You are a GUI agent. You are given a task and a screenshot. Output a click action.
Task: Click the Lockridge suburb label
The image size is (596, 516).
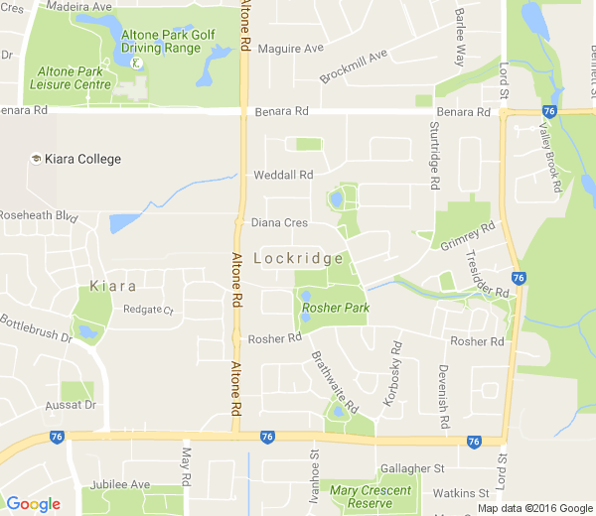point(298,258)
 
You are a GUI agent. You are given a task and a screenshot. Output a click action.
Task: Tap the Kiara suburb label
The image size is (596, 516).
point(112,287)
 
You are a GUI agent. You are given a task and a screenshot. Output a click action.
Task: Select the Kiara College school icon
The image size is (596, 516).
point(37,159)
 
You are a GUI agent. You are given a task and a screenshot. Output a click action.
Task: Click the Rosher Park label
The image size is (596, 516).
point(336,309)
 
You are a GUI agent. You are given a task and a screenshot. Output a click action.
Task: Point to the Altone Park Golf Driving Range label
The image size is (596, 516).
point(168,42)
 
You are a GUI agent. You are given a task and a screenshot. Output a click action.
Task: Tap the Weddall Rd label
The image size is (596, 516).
point(283,175)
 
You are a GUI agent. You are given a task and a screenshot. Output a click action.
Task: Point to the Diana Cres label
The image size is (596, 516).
point(279,223)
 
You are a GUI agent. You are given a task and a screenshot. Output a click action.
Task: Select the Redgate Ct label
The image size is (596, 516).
point(148,310)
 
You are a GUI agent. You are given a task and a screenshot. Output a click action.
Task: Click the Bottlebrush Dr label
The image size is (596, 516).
point(37,328)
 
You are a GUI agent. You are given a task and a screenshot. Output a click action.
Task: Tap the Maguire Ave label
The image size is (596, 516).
point(291,48)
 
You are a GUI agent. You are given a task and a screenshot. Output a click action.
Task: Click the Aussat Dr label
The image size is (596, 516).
point(70,406)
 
